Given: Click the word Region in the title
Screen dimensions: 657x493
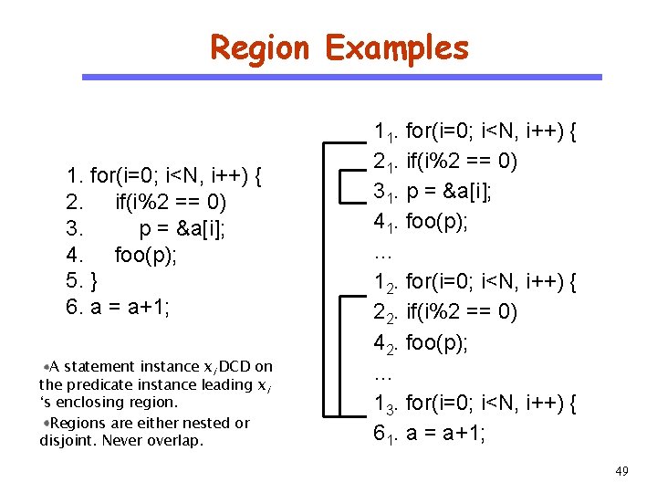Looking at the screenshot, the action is (260, 47).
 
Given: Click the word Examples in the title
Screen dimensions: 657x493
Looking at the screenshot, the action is (396, 47).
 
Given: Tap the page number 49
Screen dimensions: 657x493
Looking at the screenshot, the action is (621, 471).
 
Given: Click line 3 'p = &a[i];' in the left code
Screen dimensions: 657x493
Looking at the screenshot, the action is (182, 227).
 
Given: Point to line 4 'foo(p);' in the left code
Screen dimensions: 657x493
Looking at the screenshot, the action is (145, 254).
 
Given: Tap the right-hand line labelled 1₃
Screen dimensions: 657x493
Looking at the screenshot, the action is (474, 404).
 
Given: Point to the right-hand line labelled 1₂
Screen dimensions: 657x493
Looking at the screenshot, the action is (474, 283).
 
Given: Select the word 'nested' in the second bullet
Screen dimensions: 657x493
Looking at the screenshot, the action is (202, 423).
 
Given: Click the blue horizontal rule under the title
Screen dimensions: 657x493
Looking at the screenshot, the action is (342, 78).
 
